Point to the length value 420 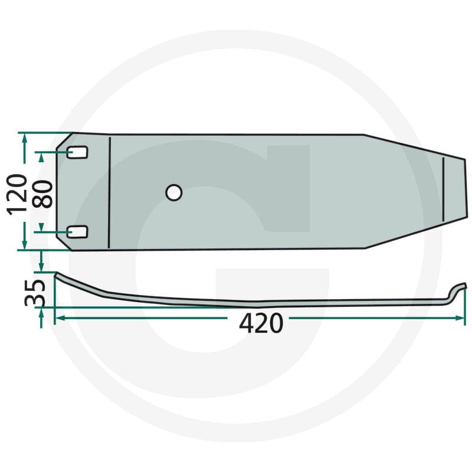point(261,323)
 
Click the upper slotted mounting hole point(77,152)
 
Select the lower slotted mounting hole point(77,232)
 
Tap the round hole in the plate point(173,192)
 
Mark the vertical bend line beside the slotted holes point(110,192)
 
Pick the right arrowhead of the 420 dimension point(461,318)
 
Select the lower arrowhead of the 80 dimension point(41,228)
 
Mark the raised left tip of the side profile point(57,274)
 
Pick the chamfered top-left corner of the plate point(63,139)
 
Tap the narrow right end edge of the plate point(466,189)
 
